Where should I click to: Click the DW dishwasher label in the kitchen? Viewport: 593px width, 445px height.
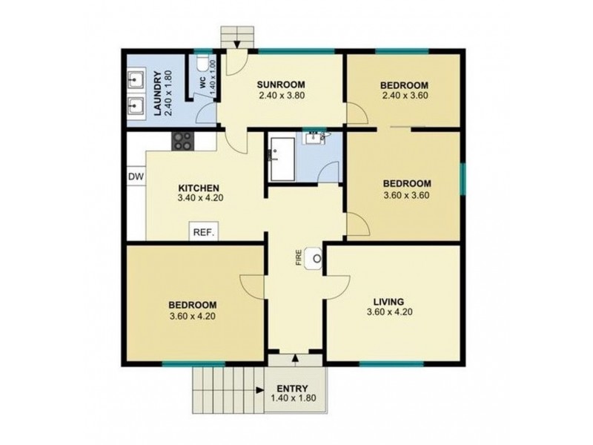135,177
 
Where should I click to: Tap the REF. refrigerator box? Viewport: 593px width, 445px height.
204,232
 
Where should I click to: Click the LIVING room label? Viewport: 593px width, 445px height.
388,301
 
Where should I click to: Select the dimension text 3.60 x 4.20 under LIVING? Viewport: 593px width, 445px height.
388,312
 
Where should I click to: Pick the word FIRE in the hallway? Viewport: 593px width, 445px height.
299,258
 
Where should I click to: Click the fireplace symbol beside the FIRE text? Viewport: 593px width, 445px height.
316,258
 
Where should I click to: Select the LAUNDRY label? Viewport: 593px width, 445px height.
157,93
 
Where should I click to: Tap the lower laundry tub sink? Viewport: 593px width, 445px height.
136,106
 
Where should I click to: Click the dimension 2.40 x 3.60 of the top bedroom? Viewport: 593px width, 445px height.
405,95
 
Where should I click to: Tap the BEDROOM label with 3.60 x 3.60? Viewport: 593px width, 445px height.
406,184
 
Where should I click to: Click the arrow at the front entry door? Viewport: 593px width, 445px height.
296,358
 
